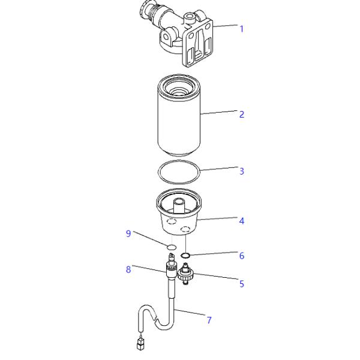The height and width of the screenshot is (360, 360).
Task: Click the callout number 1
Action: pos(241,28)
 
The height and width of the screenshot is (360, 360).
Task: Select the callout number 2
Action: pos(241,114)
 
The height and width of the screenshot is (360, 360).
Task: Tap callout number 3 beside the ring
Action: pos(241,171)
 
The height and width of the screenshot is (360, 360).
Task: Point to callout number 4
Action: pos(241,221)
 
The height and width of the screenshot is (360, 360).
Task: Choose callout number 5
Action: pos(241,284)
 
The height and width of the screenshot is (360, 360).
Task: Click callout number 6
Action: pos(241,256)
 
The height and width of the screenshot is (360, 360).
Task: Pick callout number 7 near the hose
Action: pos(209,320)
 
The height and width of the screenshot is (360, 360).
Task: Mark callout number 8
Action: pos(128,269)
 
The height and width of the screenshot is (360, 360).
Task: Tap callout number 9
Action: pos(128,233)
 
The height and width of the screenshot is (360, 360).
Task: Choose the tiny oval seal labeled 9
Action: pos(171,247)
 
